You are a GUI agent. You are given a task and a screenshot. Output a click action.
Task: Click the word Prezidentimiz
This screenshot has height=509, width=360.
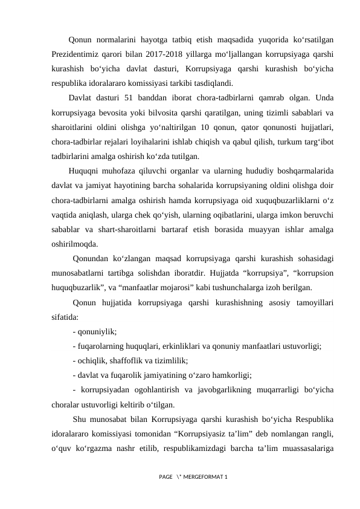click(77, 54)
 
